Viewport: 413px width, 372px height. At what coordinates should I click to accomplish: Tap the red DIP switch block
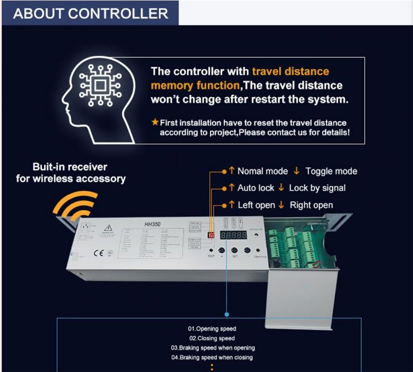[x=211, y=234]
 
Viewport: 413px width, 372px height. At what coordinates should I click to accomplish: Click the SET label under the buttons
[x=234, y=256]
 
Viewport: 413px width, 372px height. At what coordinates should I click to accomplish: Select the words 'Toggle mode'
[x=331, y=171]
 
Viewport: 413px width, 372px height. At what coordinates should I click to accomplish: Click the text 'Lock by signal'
[x=317, y=188]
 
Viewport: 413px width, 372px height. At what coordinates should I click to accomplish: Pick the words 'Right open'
[x=311, y=205]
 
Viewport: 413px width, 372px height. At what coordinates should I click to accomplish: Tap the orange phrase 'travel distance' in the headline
[x=291, y=72]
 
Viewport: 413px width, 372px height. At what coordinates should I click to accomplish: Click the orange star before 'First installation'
[x=155, y=123]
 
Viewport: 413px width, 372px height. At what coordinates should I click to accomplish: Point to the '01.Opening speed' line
[x=212, y=328]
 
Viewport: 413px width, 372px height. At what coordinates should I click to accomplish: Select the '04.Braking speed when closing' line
[x=212, y=357]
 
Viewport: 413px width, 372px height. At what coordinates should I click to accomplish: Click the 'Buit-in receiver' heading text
[x=70, y=167]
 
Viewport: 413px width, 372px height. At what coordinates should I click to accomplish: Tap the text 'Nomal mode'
[x=261, y=171]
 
